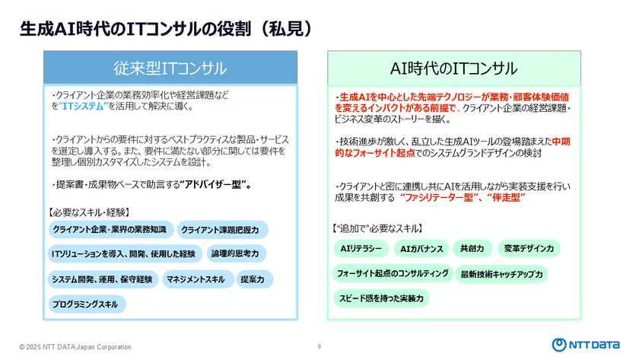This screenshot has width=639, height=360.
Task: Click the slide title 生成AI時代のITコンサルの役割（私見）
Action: tap(166, 28)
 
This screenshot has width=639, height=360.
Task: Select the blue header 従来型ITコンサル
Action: tap(170, 68)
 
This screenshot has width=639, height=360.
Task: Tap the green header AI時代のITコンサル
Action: tap(453, 68)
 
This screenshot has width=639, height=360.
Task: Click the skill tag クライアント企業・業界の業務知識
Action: tap(109, 229)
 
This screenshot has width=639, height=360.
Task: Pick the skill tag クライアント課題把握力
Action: tap(221, 229)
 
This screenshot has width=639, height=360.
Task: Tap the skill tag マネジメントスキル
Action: tap(196, 279)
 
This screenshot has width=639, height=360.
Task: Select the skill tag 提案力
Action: tap(252, 279)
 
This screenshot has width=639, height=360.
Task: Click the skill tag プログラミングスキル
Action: tap(85, 304)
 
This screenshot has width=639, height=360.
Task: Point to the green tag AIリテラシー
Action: tap(361, 248)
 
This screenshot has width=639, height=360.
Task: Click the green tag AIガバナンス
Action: tap(421, 248)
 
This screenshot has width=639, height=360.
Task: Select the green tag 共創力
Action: tap(472, 248)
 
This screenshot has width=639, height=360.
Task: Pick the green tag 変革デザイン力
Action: tap(529, 248)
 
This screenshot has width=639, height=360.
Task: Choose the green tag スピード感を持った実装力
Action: tap(381, 298)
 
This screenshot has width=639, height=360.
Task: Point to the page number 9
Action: tap(319, 346)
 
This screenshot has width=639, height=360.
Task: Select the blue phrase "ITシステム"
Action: tap(83, 107)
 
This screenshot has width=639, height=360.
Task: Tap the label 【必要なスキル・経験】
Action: tap(88, 212)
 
